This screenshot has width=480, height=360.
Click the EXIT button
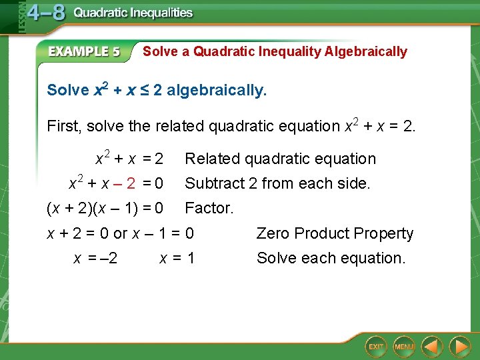point(377,347)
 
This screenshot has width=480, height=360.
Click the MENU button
point(404,347)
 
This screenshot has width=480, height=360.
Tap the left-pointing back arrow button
point(433,347)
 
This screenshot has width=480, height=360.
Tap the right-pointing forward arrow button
point(460,347)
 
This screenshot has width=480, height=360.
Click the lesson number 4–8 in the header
point(45,13)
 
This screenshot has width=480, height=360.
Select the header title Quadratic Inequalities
point(133,13)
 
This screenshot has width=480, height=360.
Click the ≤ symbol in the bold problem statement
point(142,90)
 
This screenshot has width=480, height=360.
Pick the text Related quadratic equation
point(280,159)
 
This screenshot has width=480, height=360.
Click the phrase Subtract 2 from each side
point(277,183)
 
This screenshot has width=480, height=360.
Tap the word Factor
point(209,208)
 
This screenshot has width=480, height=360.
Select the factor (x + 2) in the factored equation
point(69,208)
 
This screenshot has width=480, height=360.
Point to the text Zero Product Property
point(335,233)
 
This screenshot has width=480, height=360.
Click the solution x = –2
point(95,258)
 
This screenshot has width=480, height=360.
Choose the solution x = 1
point(177,258)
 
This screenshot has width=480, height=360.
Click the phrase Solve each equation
point(331,258)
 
